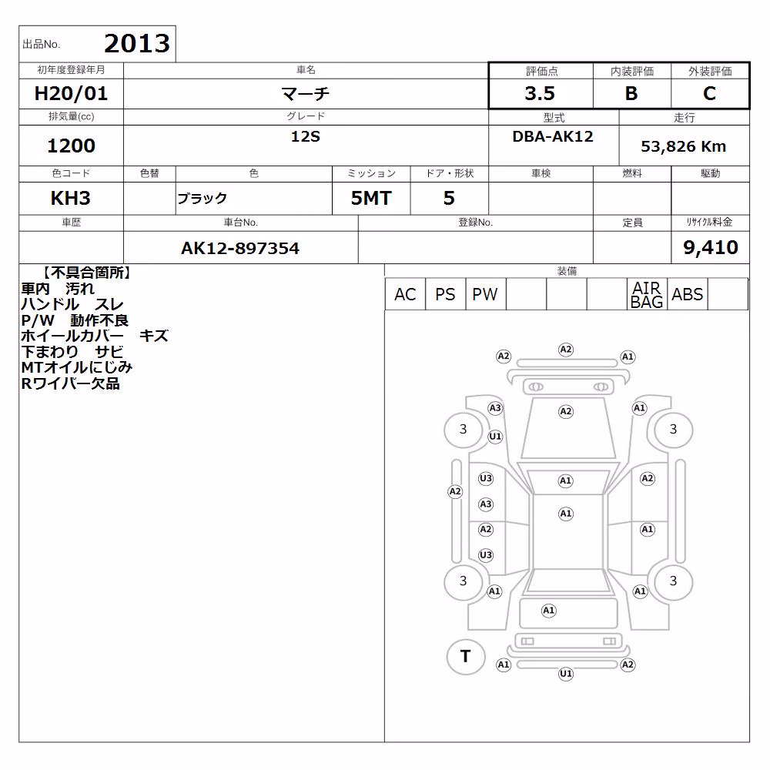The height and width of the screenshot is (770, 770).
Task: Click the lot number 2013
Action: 137,43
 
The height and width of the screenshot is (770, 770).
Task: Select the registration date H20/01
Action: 71,93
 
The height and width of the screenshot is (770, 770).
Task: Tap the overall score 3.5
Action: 540,93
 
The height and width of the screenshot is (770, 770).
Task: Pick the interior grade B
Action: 631,93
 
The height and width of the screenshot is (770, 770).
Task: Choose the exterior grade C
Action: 709,93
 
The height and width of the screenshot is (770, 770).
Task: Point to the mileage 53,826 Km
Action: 684,146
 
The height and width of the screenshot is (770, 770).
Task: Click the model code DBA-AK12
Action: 553,136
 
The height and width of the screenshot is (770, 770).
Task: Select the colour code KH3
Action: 71,198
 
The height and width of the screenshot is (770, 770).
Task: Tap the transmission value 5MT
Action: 371,198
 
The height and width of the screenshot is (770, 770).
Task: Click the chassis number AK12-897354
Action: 240,248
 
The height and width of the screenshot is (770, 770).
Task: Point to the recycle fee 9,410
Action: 711,247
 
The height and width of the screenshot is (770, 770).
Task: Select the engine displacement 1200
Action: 71,146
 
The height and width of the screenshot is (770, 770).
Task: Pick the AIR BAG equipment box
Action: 647,294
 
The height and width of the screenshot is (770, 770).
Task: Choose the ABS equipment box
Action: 688,294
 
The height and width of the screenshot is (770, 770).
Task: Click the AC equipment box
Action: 405,294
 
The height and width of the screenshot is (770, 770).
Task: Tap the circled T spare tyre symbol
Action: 466,656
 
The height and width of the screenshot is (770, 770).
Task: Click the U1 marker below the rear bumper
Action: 566,674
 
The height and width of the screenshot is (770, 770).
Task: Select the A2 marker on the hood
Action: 566,411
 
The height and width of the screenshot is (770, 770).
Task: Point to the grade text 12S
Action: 306,136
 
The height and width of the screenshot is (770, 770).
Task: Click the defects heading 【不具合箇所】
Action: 86,273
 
